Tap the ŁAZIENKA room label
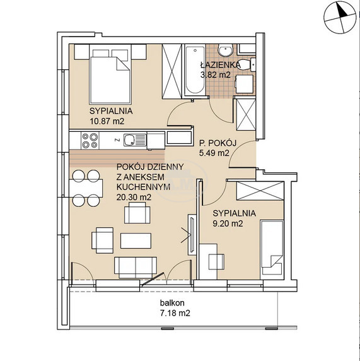pyautogui.click(x=221, y=65)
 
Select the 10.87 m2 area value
pyautogui.click(x=107, y=121)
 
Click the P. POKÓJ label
pyautogui.click(x=218, y=143)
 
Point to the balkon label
pyautogui.click(x=172, y=303)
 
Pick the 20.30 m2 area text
pyautogui.click(x=134, y=198)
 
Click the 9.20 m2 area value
pyautogui.click(x=228, y=223)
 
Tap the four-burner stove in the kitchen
pyautogui.click(x=90, y=141)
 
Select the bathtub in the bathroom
pyautogui.click(x=195, y=70)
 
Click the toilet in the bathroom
pyautogui.click(x=246, y=64)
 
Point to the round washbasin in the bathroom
pyautogui.click(x=226, y=50)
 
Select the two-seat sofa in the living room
pyautogui.click(x=136, y=268)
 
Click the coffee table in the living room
pyautogui.click(x=136, y=240)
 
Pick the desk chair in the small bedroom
pyautogui.click(x=216, y=261)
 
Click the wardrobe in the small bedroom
pyautogui.click(x=260, y=191)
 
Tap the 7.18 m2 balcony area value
pyautogui.click(x=175, y=313)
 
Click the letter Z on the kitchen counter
pyautogui.click(x=117, y=139)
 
